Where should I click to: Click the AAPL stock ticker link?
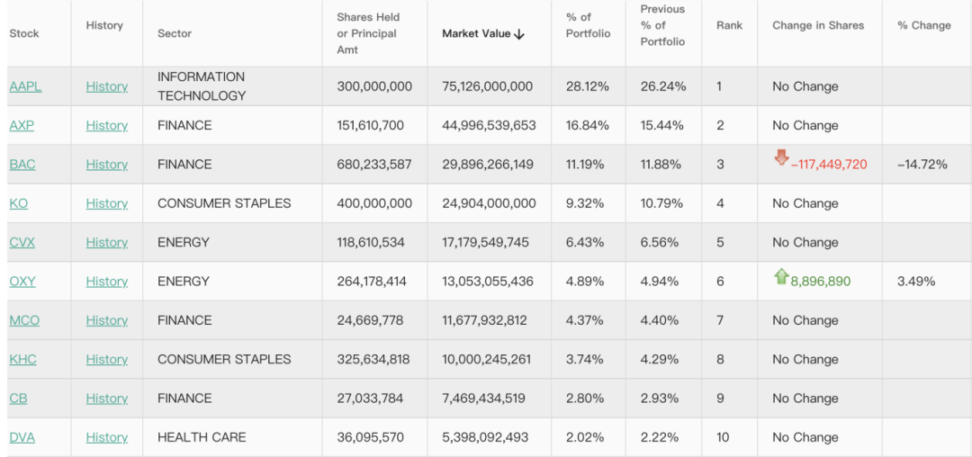click(25, 86)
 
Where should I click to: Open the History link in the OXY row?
click(107, 282)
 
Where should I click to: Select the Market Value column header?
click(482, 33)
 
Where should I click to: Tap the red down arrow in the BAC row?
click(781, 158)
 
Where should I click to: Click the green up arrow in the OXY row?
click(780, 277)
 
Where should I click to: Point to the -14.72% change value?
click(922, 165)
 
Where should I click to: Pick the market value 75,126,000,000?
click(487, 86)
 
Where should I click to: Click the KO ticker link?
click(19, 203)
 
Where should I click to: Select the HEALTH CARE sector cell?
click(202, 437)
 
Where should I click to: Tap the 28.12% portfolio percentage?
click(587, 86)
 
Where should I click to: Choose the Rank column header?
click(729, 25)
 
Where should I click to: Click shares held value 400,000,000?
click(374, 203)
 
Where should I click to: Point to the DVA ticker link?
click(22, 437)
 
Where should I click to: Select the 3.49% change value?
click(915, 282)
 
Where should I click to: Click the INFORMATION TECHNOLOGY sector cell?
click(202, 86)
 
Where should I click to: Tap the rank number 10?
click(723, 437)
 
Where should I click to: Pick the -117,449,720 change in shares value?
click(829, 165)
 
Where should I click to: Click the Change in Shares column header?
click(817, 25)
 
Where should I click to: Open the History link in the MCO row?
click(107, 320)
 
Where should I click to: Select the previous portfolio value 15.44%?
click(663, 125)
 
